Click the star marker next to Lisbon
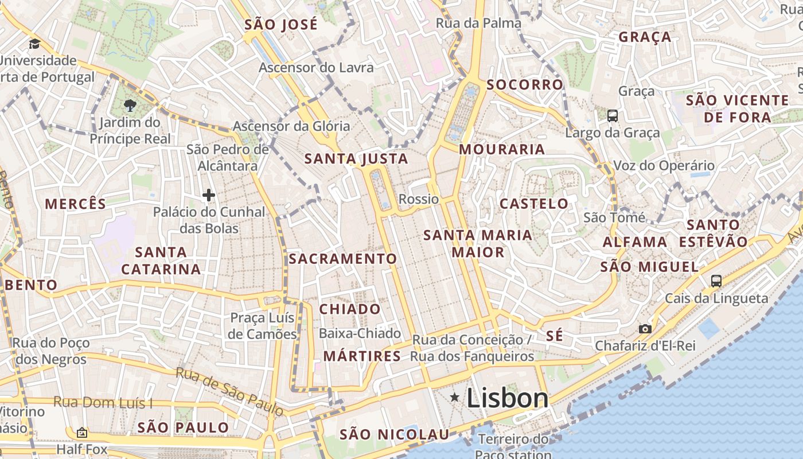pyautogui.click(x=455, y=397)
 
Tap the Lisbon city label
pyautogui.click(x=508, y=398)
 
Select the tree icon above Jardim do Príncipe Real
pyautogui.click(x=130, y=105)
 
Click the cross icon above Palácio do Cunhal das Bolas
pyautogui.click(x=209, y=196)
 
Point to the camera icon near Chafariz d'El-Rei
pyautogui.click(x=645, y=329)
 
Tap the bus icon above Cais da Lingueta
pyautogui.click(x=716, y=281)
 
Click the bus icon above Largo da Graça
pyautogui.click(x=613, y=116)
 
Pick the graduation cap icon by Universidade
pyautogui.click(x=35, y=44)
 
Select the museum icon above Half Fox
pyautogui.click(x=82, y=433)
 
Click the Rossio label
pyautogui.click(x=418, y=199)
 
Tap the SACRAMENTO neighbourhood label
pyautogui.click(x=342, y=259)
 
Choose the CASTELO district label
pyautogui.click(x=533, y=204)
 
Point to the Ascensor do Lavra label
pyautogui.click(x=316, y=67)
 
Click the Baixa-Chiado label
pyautogui.click(x=360, y=333)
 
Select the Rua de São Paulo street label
pyautogui.click(x=229, y=391)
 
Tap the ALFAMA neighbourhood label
pyautogui.click(x=635, y=242)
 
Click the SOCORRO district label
pyautogui.click(x=525, y=85)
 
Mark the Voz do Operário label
pyautogui.click(x=664, y=166)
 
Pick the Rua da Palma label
pyautogui.click(x=478, y=23)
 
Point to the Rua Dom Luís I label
pyautogui.click(x=103, y=402)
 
